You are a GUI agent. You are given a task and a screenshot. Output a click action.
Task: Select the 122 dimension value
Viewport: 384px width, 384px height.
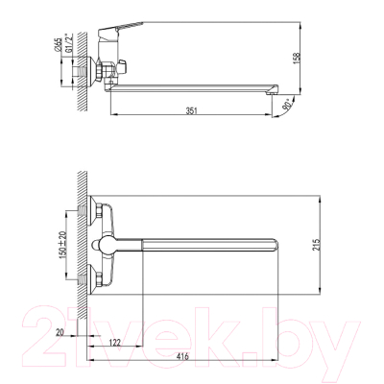pyautogui.click(x=113, y=344)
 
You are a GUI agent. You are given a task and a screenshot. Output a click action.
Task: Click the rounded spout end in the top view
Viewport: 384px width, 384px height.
pyautogui.click(x=276, y=238)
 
